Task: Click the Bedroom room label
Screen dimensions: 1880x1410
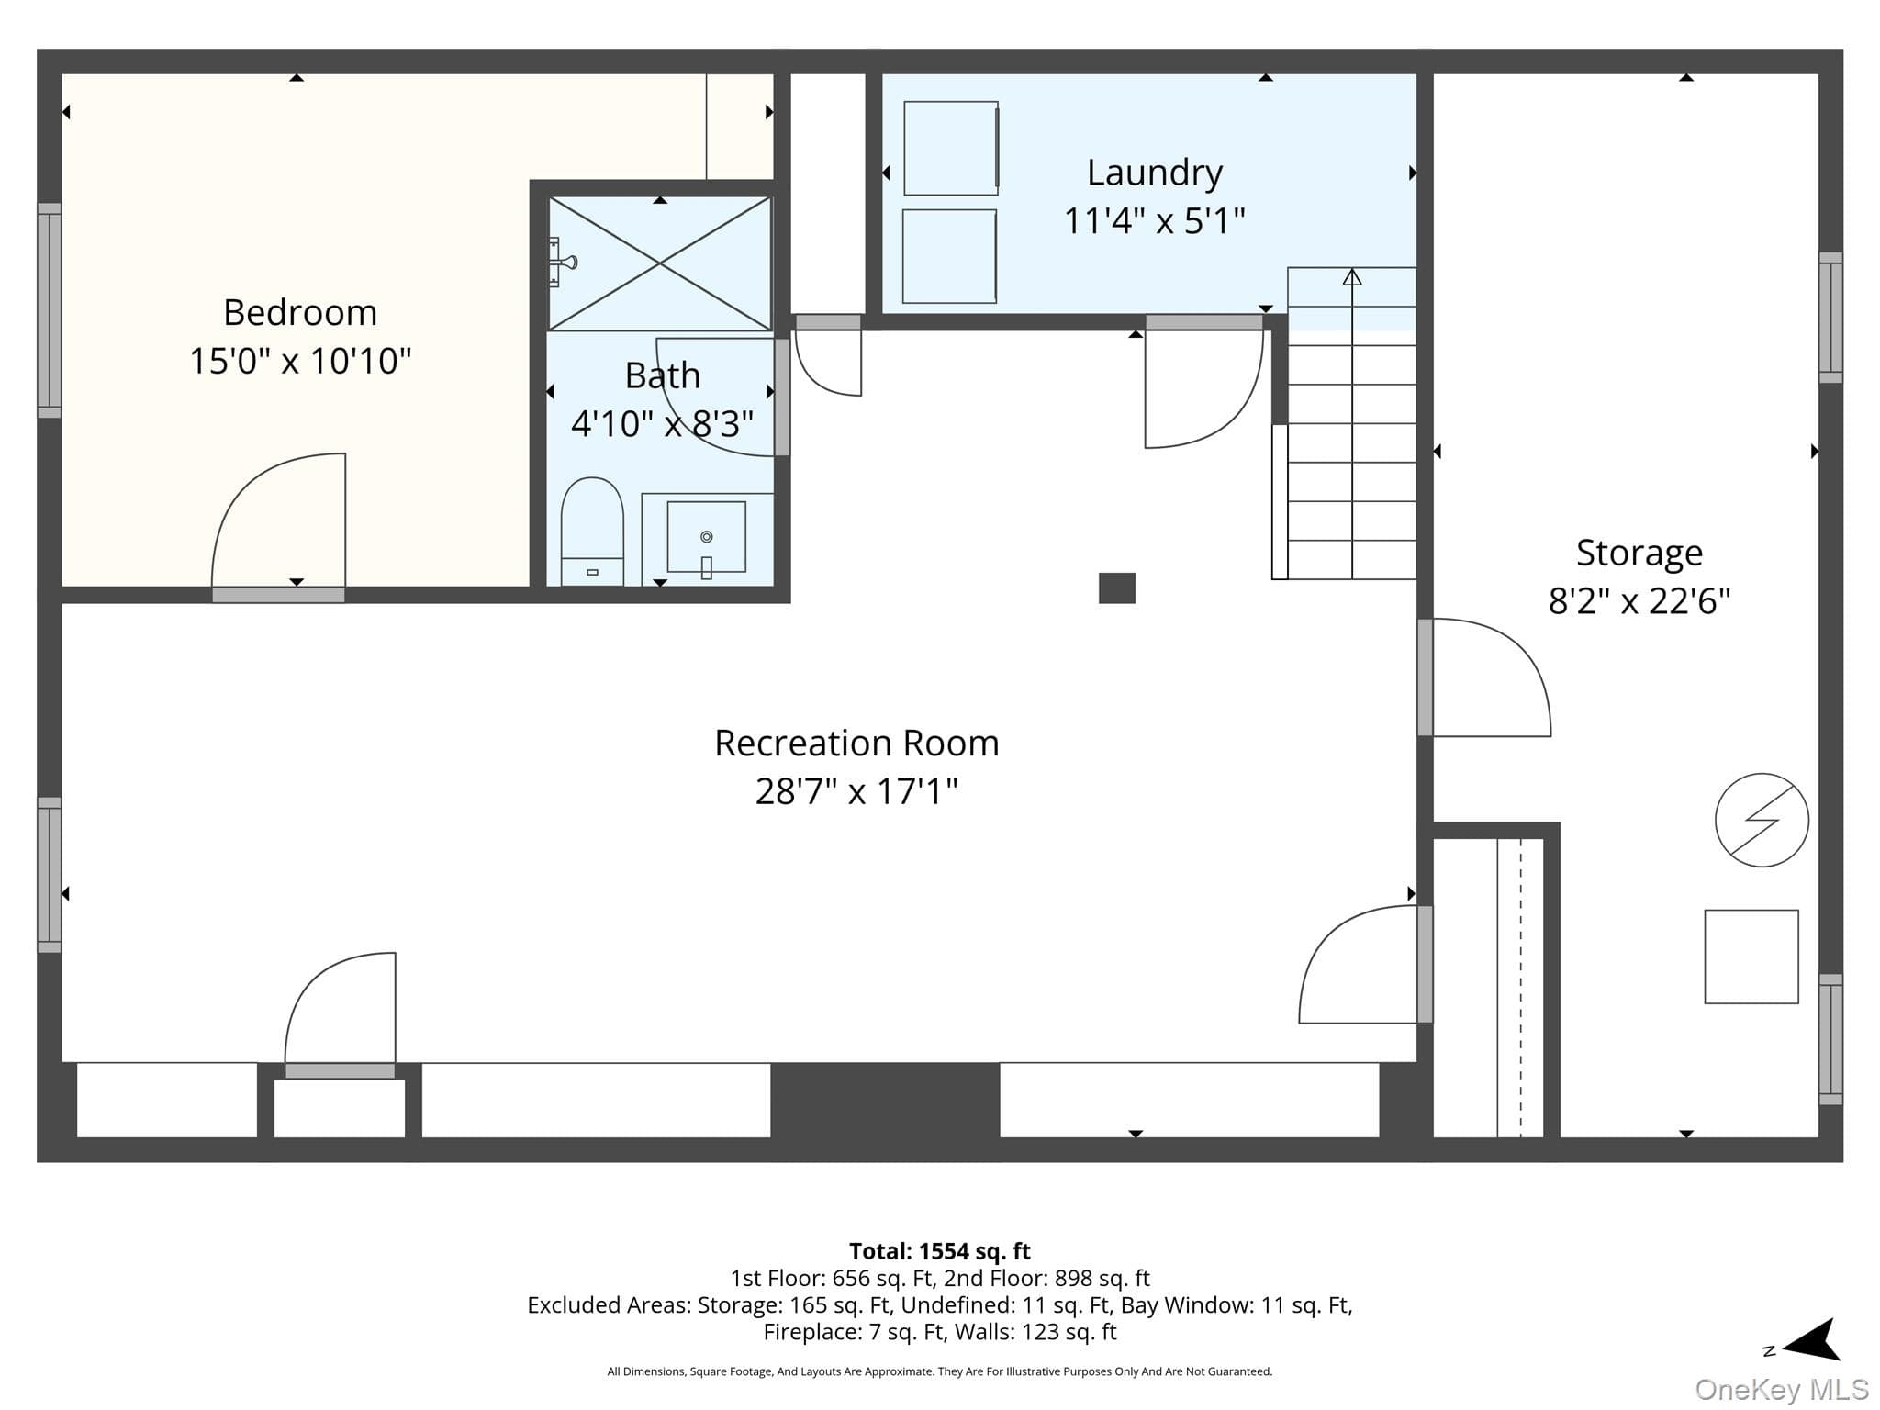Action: coord(300,313)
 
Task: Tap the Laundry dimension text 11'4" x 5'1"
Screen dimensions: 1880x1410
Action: coord(1154,221)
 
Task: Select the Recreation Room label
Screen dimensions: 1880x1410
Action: coord(856,743)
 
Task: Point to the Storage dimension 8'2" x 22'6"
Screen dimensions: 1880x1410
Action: coord(1639,601)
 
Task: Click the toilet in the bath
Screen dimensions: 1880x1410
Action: coord(592,532)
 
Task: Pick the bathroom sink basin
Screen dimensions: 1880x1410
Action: coord(706,537)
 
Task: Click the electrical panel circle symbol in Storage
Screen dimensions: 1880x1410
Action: coord(1762,820)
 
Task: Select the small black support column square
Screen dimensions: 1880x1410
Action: coord(1117,588)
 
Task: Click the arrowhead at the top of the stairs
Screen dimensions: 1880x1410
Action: coord(1352,276)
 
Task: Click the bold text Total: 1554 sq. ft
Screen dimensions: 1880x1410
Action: coord(939,1251)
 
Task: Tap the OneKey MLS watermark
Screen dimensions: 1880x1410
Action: coord(1782,1389)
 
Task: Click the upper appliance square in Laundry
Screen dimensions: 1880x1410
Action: coord(951,148)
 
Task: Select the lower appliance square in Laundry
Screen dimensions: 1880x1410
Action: coord(949,256)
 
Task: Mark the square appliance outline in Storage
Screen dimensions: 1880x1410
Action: coord(1751,957)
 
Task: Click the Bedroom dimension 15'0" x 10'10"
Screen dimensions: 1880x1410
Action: coord(300,361)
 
